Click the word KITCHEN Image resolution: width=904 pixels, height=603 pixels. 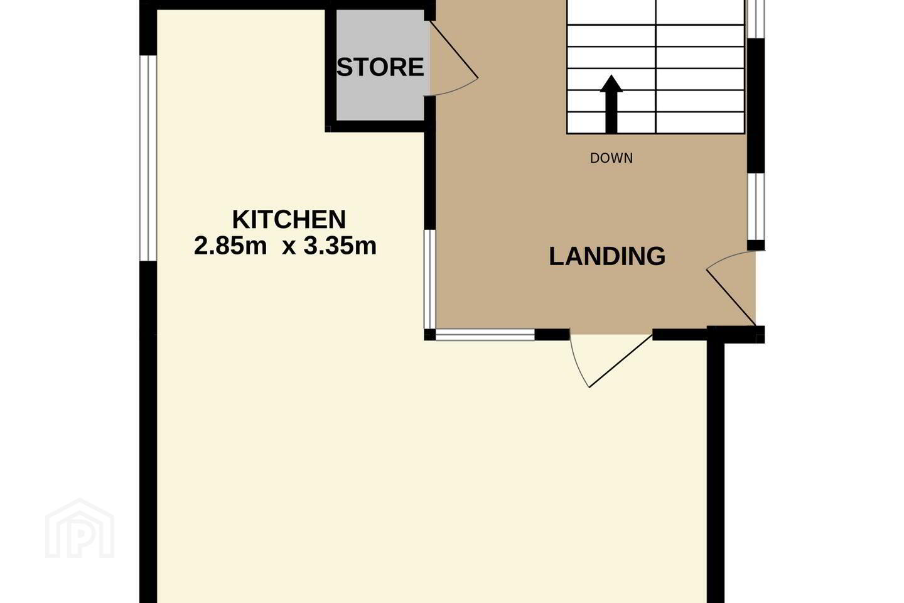[x=289, y=219]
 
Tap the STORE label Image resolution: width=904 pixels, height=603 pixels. [x=380, y=67]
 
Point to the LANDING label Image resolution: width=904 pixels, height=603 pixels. [x=607, y=256]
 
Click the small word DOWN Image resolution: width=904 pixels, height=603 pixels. [x=611, y=158]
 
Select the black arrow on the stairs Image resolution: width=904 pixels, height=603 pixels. [x=611, y=104]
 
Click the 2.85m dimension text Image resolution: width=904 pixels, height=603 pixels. [x=230, y=246]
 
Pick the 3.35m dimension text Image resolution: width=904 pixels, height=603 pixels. [x=340, y=246]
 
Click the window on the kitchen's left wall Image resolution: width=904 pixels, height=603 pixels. [x=148, y=158]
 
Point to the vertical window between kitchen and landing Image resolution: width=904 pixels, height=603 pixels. [x=430, y=279]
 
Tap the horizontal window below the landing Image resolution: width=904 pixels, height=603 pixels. [x=485, y=335]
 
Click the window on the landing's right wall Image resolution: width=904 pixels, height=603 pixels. [x=756, y=207]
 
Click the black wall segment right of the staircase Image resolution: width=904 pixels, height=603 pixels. [x=756, y=106]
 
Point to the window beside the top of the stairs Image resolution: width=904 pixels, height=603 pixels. [x=756, y=19]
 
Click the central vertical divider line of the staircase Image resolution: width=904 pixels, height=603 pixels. [x=656, y=67]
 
